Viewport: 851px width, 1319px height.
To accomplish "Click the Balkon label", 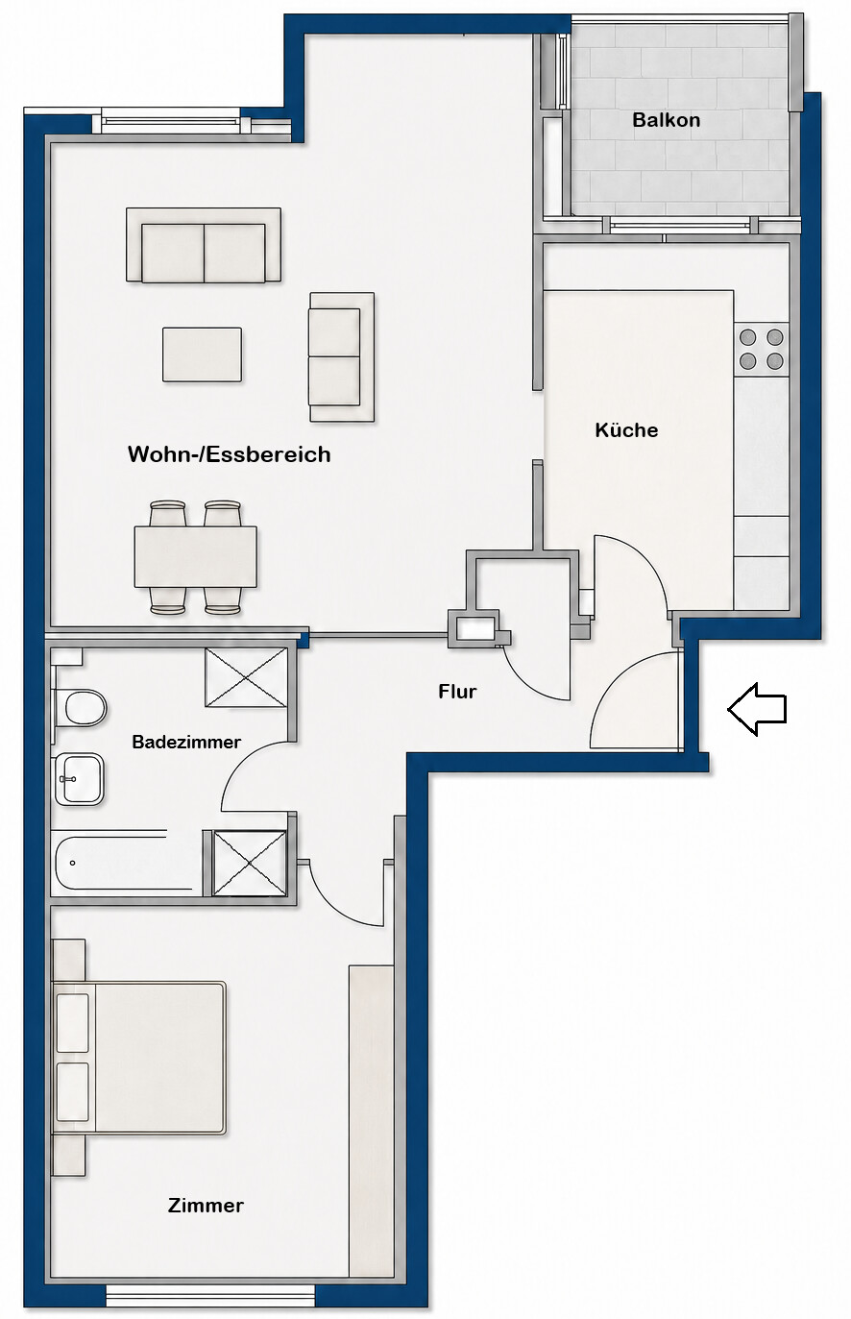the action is tap(666, 120).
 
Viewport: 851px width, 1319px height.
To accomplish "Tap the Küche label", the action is tap(626, 429).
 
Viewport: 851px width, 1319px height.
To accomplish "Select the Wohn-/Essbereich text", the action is tap(230, 454).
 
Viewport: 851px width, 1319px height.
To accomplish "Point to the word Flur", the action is tap(457, 692).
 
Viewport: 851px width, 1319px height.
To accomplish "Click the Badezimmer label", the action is tap(186, 742).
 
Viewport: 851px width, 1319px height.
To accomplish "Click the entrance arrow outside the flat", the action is tap(757, 709).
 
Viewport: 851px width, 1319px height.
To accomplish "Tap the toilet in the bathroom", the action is tap(81, 708).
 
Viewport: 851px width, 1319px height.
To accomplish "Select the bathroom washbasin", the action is tap(80, 780).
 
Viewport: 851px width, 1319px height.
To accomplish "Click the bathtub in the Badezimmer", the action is tap(126, 863).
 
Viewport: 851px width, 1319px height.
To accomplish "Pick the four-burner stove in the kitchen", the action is tap(761, 349).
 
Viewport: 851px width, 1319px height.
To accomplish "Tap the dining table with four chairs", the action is tap(196, 557).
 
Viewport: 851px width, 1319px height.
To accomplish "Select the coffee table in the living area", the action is tap(202, 354).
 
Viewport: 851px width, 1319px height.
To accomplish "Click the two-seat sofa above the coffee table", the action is tap(204, 245).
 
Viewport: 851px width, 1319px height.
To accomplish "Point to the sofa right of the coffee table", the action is tap(342, 356).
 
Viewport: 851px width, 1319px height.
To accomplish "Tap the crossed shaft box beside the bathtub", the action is tap(250, 863).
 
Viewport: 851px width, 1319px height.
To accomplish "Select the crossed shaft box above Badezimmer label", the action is tap(246, 676).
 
